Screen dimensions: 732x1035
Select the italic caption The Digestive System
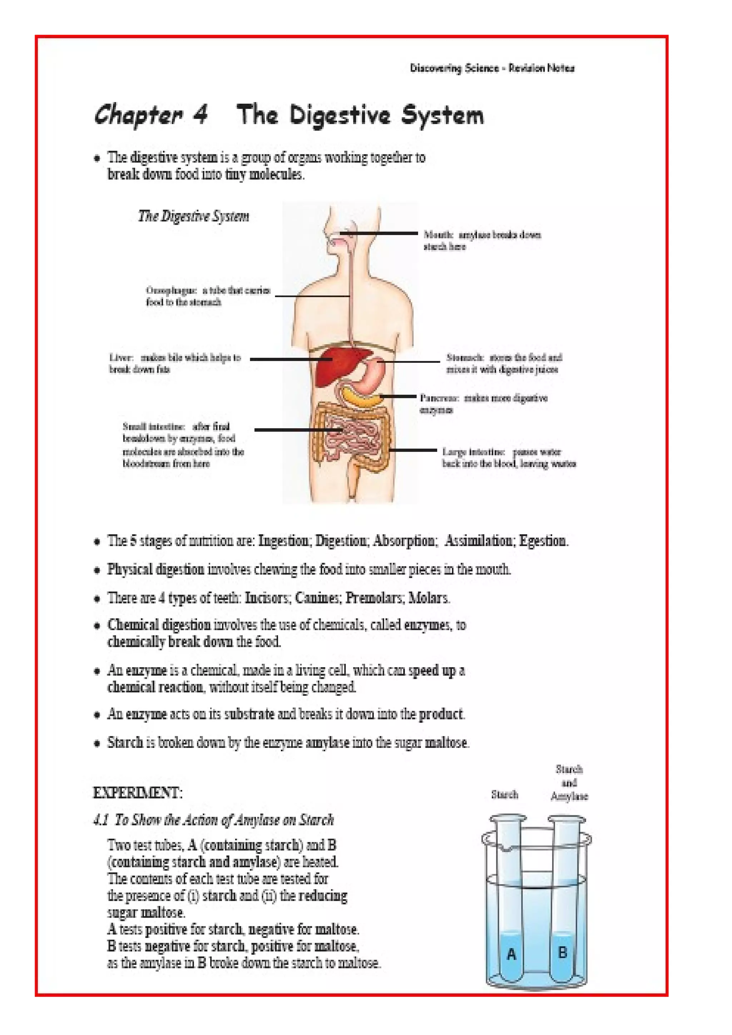(193, 216)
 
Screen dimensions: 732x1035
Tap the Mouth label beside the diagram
(482, 240)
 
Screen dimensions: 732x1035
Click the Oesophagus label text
(207, 296)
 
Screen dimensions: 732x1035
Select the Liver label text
(174, 363)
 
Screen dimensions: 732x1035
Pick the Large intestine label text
(508, 457)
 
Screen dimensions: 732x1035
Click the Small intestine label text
(183, 445)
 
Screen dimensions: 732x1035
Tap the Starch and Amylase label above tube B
(569, 782)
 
